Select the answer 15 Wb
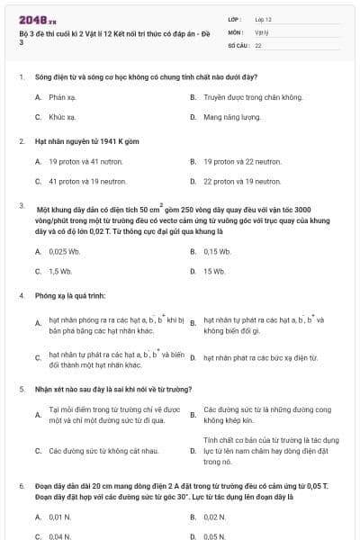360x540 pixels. click(x=214, y=271)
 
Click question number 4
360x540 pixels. click(x=21, y=294)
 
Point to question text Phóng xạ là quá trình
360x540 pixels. click(x=71, y=294)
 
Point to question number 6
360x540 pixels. click(x=21, y=485)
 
